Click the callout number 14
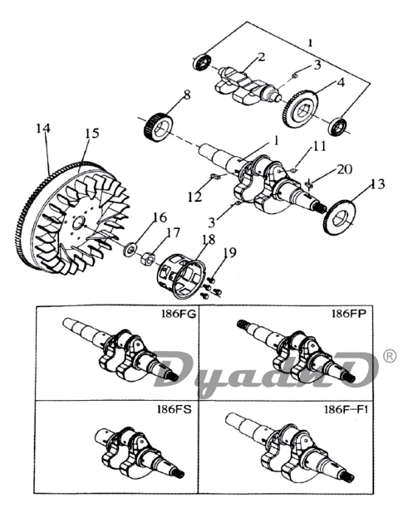43,128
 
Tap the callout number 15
92,134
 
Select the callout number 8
187,95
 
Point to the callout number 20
345,169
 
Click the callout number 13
376,184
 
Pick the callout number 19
230,252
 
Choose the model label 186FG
179,314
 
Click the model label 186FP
349,314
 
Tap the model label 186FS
174,409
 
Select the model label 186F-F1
346,409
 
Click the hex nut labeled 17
147,260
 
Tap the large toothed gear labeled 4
300,110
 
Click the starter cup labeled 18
181,277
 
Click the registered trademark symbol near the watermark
390,356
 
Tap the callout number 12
195,197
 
